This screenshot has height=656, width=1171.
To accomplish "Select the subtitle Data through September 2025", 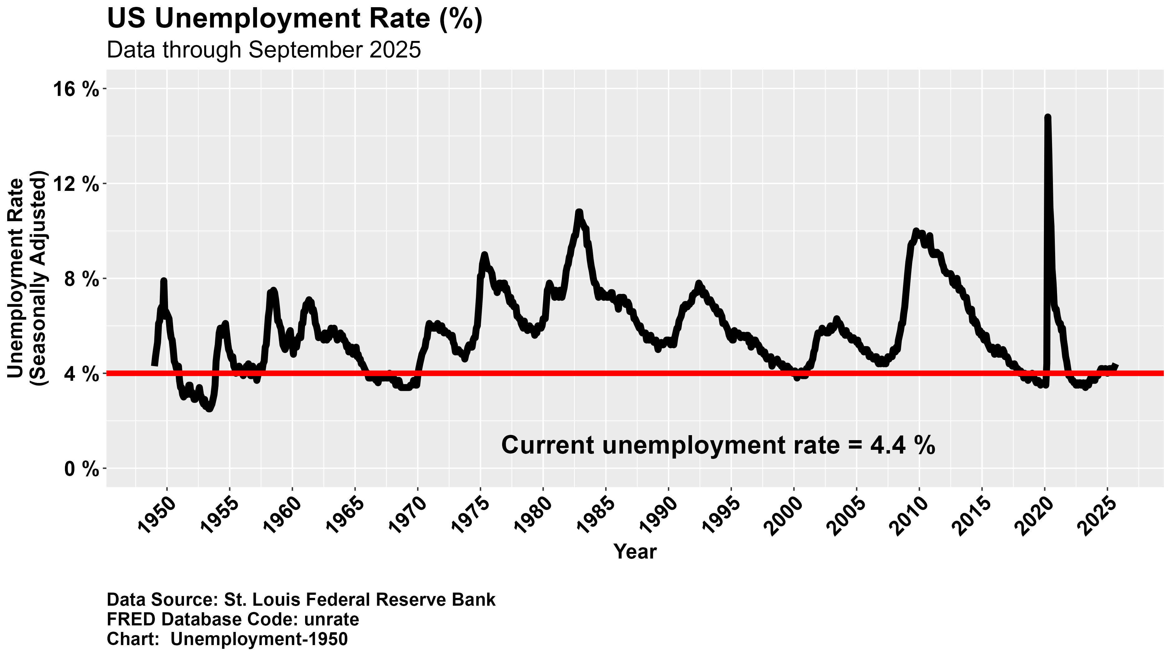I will pos(264,50).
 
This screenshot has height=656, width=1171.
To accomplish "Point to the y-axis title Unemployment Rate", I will pos(16,278).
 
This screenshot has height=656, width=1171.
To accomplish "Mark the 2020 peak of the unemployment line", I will pos(1047,117).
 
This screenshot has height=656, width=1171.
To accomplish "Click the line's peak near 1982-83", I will pos(579,212).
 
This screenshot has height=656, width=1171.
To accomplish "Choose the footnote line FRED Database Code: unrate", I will pos(233,619).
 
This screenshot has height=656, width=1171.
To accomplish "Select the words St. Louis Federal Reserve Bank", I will pos(359,600).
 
